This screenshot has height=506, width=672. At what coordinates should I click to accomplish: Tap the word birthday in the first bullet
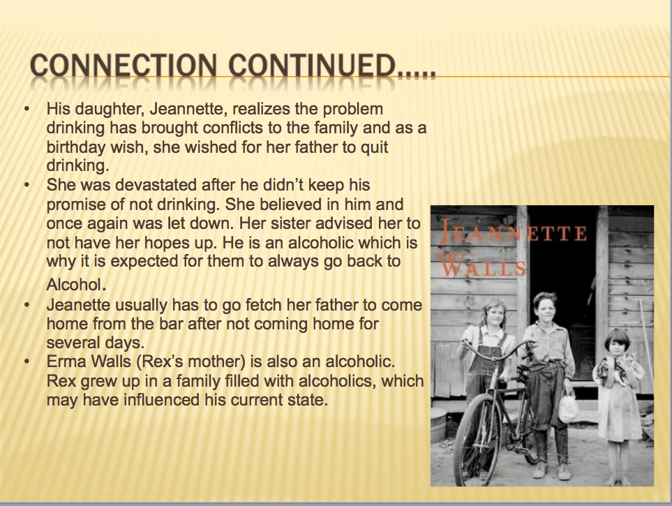pos(75,147)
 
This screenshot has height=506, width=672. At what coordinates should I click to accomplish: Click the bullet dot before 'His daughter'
pos(27,109)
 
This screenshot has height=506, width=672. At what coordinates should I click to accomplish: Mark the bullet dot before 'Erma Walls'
pos(27,362)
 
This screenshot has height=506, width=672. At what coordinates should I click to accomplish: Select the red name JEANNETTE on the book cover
pos(513,234)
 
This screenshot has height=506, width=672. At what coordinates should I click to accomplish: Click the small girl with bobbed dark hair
pos(617,386)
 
